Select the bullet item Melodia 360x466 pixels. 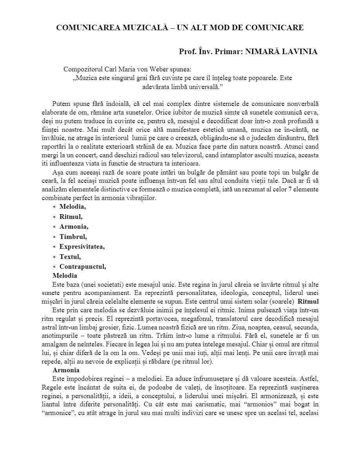[x=73, y=206]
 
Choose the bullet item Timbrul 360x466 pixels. [x=73, y=237]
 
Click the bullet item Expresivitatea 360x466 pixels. [x=82, y=247]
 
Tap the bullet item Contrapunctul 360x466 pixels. [x=83, y=267]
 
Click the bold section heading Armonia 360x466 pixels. [x=66, y=370]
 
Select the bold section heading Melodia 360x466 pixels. [x=65, y=276]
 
